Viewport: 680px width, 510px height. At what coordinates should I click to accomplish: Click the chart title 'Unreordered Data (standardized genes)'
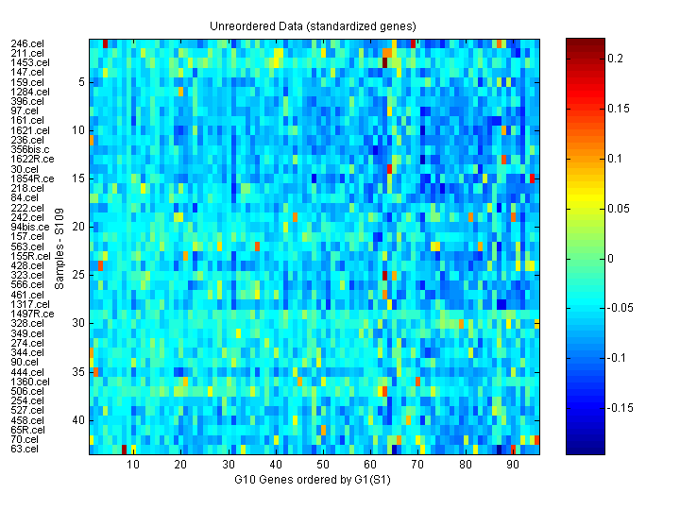pyautogui.click(x=313, y=25)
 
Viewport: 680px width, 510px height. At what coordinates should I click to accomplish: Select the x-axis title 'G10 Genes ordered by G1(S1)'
pyautogui.click(x=313, y=481)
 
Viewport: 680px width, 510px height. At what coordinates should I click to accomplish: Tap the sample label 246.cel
pyautogui.click(x=26, y=43)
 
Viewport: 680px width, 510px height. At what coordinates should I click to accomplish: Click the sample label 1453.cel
pyautogui.click(x=29, y=62)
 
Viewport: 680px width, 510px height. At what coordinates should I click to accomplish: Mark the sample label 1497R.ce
pyautogui.click(x=32, y=314)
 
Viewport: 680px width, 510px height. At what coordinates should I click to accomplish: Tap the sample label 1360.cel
pyautogui.click(x=29, y=381)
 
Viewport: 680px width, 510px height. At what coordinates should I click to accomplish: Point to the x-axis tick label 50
pyautogui.click(x=323, y=465)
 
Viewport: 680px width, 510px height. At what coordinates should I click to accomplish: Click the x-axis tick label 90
pyautogui.click(x=513, y=465)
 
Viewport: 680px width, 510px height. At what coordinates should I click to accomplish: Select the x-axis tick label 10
pyautogui.click(x=133, y=465)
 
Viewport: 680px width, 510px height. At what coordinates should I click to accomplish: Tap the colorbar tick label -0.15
pyautogui.click(x=620, y=408)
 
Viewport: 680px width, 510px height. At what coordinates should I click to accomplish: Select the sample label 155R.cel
pyautogui.click(x=30, y=256)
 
